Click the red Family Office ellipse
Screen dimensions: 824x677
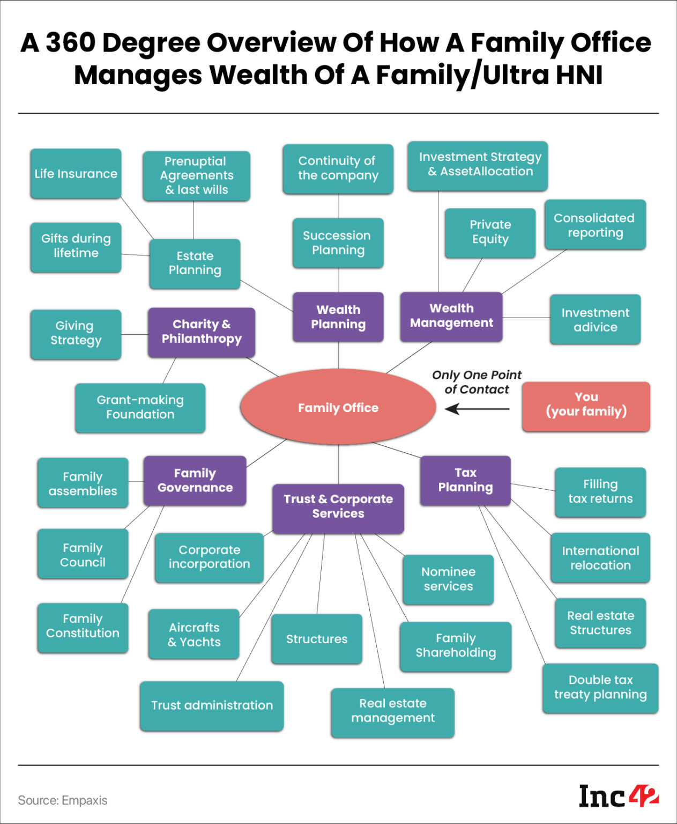338,407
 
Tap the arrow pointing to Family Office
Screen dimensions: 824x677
477,409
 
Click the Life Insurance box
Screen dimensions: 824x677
76,174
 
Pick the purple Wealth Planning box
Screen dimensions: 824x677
338,317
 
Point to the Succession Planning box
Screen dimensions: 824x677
338,243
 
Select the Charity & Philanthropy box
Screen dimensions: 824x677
201,332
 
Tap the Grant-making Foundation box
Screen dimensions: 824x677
140,408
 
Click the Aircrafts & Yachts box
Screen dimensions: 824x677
194,634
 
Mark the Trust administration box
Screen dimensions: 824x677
212,705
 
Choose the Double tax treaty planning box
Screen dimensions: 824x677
600,688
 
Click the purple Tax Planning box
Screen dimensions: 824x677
465,480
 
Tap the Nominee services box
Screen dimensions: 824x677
448,579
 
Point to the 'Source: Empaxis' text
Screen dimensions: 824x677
63,800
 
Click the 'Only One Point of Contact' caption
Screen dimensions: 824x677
477,382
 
